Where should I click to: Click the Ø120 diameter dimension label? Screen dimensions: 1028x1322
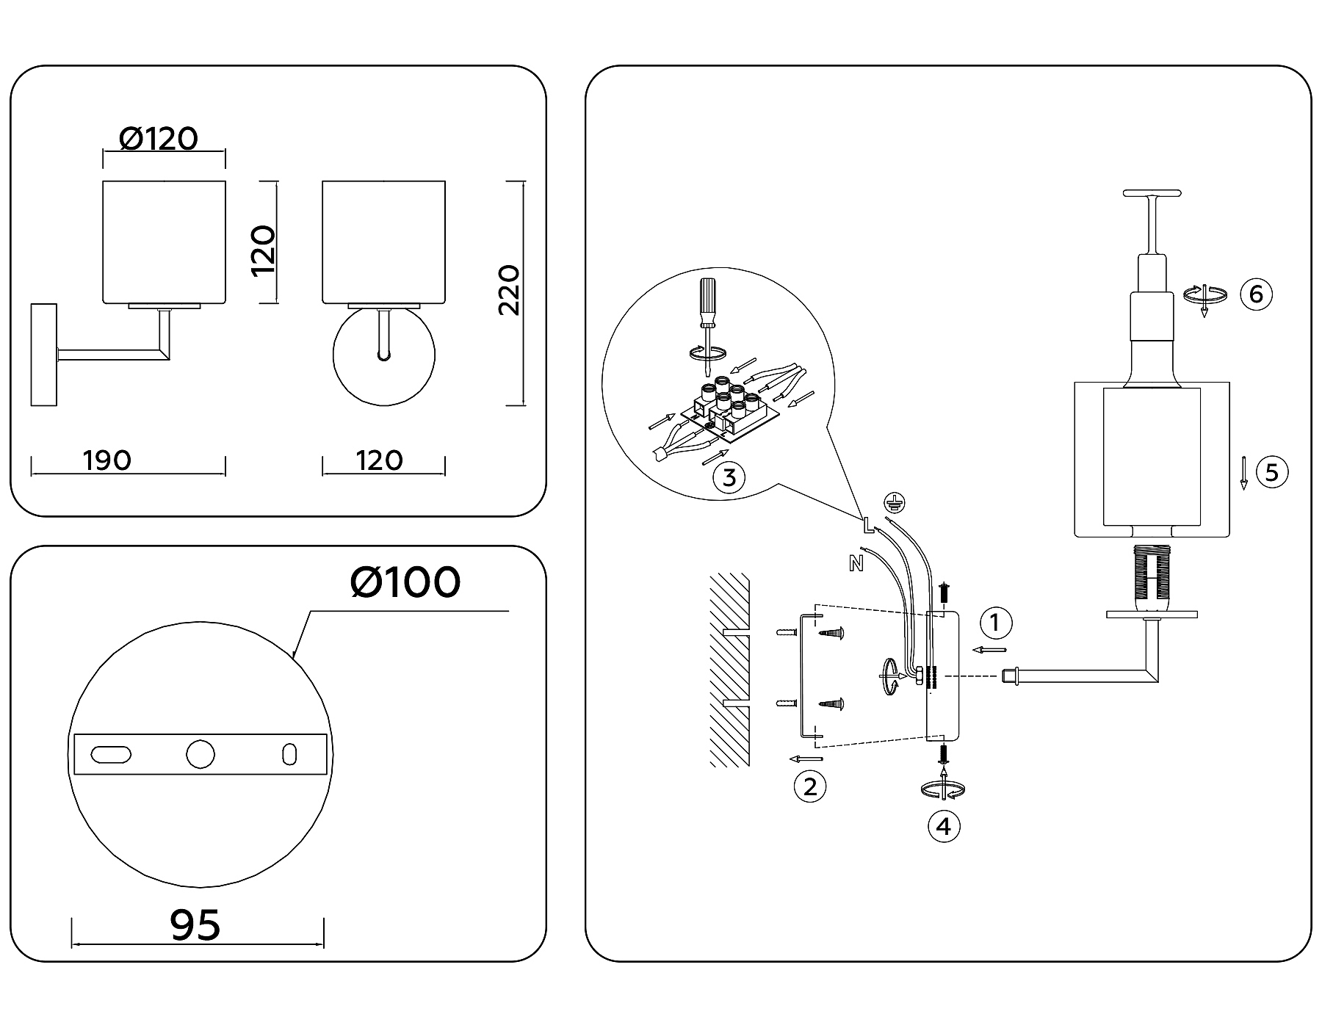pyautogui.click(x=159, y=139)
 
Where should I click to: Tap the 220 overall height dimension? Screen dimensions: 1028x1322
pyautogui.click(x=509, y=290)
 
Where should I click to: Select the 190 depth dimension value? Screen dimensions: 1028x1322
pyautogui.click(x=107, y=460)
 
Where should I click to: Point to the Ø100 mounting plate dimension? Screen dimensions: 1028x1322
pyautogui.click(x=405, y=582)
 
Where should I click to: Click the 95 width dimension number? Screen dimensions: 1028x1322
pyautogui.click(x=195, y=924)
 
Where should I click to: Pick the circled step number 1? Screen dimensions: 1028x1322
pyautogui.click(x=995, y=623)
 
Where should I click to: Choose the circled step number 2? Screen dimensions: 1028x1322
pyautogui.click(x=809, y=786)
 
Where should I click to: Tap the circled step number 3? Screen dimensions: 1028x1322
pyautogui.click(x=729, y=478)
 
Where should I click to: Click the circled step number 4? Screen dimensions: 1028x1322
pyautogui.click(x=944, y=826)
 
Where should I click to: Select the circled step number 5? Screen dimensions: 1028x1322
pyautogui.click(x=1272, y=471)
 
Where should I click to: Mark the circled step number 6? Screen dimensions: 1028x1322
pyautogui.click(x=1256, y=294)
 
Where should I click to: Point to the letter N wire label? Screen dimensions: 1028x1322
pyautogui.click(x=856, y=564)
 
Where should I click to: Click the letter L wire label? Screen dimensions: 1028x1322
pyautogui.click(x=867, y=524)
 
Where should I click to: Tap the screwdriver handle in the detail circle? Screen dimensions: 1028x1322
pyautogui.click(x=707, y=303)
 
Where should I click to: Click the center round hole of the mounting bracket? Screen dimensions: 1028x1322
pyautogui.click(x=200, y=754)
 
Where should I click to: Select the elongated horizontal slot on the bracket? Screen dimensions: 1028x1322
pyautogui.click(x=112, y=754)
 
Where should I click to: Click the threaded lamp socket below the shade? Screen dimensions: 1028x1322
pyautogui.click(x=1152, y=576)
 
